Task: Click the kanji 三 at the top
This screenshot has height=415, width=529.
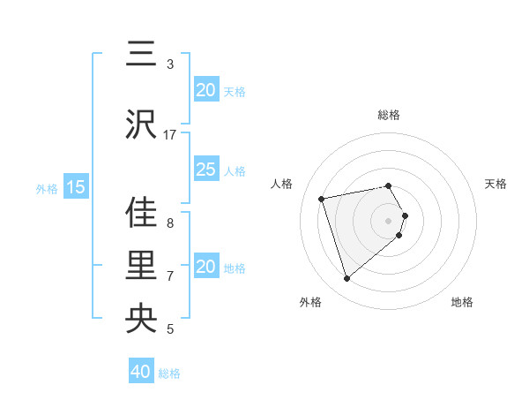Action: pos(141,55)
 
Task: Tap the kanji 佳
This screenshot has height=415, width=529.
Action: pos(141,212)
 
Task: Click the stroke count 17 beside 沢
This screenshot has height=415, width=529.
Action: pos(170,135)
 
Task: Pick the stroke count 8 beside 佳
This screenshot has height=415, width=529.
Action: pos(170,223)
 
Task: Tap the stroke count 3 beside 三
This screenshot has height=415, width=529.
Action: pos(170,64)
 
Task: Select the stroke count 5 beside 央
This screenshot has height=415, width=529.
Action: pos(170,329)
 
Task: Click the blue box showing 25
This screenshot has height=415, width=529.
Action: pos(205,170)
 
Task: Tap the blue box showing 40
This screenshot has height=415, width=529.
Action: pos(141,372)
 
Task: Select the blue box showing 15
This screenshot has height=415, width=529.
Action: pos(76,187)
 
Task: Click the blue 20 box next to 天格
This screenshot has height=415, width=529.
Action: pos(205,90)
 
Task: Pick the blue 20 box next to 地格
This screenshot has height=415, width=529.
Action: pos(205,267)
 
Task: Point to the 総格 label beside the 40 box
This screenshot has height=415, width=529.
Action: pos(169,373)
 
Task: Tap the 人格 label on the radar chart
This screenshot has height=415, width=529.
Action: pos(281,184)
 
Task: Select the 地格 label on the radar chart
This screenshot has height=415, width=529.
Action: pos(462,302)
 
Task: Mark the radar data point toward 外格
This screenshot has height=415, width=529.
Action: pos(346,278)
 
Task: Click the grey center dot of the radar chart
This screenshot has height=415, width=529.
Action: pos(388,219)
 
